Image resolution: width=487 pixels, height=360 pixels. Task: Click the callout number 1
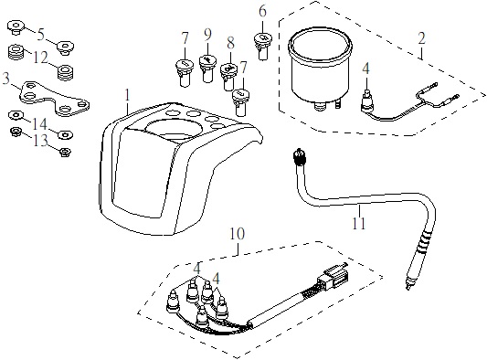pyautogui.click(x=127, y=95)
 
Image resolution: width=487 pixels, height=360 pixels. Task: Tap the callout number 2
pyautogui.click(x=421, y=38)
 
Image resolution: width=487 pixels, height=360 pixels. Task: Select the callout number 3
pyautogui.click(x=5, y=79)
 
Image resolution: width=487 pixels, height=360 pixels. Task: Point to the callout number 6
pyautogui.click(x=263, y=12)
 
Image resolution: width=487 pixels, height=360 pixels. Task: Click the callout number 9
pyautogui.click(x=207, y=35)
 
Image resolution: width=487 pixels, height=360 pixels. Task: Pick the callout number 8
pyautogui.click(x=230, y=43)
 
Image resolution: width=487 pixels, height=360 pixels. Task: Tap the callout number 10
pyautogui.click(x=237, y=234)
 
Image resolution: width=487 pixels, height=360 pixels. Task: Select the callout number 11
pyautogui.click(x=358, y=223)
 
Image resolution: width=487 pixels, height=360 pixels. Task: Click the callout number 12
pyautogui.click(x=41, y=58)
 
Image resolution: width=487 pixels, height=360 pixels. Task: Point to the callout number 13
pyautogui.click(x=41, y=141)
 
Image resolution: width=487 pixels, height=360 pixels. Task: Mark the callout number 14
pyautogui.click(x=40, y=124)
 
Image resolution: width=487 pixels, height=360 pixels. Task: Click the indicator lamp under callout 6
pyautogui.click(x=263, y=46)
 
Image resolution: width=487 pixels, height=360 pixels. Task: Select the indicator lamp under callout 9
pyautogui.click(x=207, y=68)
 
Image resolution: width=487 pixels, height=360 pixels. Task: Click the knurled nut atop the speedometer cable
pyautogui.click(x=300, y=156)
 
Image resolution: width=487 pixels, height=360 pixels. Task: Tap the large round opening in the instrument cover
pyautogui.click(x=169, y=128)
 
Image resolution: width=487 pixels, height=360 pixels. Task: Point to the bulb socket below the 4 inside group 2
pyautogui.click(x=365, y=100)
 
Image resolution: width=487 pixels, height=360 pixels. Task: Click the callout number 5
pyautogui.click(x=41, y=35)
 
